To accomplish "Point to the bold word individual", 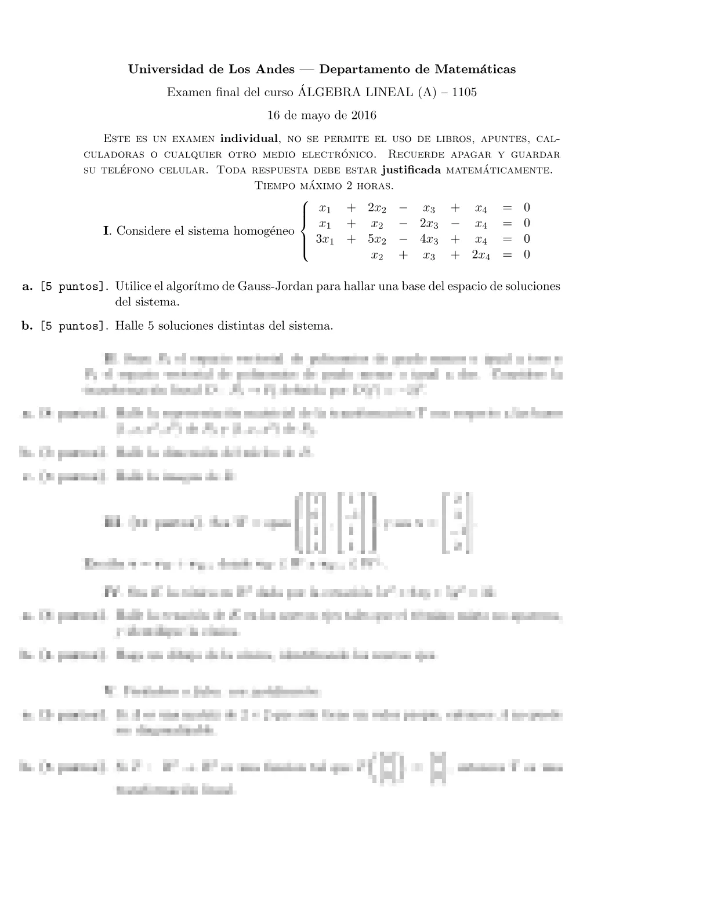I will click(x=249, y=139).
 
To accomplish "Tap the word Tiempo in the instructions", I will click(x=276, y=185).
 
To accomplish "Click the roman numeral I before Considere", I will click(x=106, y=231).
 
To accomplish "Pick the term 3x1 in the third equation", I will click(x=325, y=239).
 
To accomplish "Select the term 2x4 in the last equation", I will click(x=480, y=255).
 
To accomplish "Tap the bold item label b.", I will click(x=27, y=326).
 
